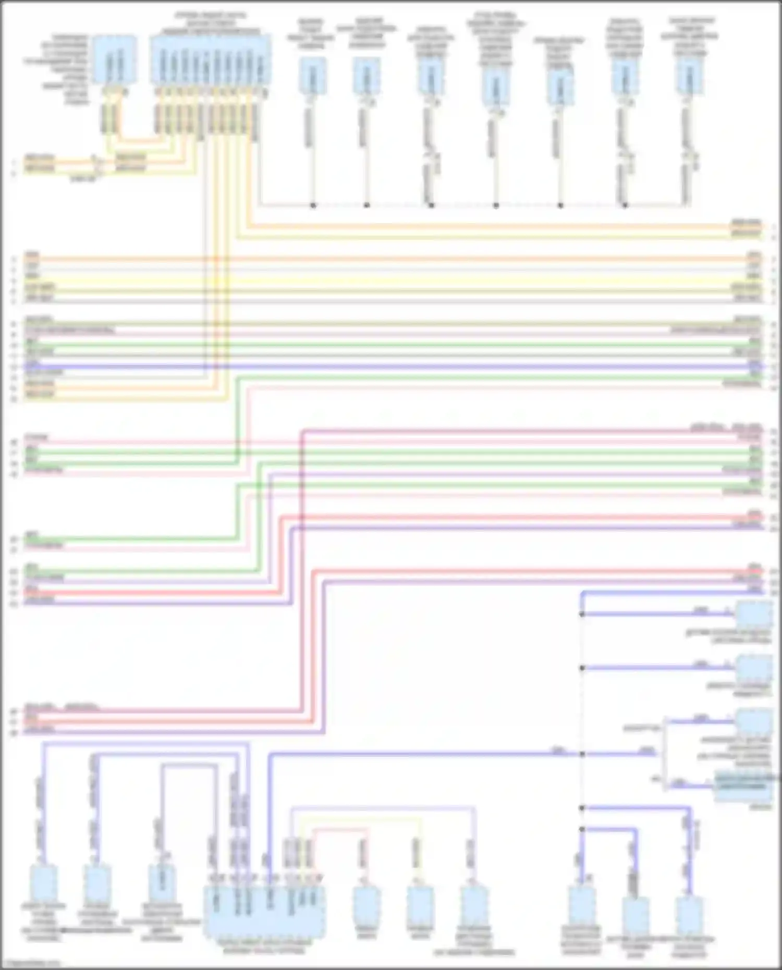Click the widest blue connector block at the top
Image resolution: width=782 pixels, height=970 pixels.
coord(211,58)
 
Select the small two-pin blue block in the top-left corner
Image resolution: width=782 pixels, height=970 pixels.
coord(115,59)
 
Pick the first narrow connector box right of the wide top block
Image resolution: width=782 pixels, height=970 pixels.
coord(313,76)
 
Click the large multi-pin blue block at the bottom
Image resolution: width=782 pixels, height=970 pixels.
coord(264,912)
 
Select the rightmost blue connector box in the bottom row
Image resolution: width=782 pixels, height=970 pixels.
coord(689,916)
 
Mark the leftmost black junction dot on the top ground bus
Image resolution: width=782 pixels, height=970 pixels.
coord(313,206)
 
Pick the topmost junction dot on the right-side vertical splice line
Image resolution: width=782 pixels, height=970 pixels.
coord(582,615)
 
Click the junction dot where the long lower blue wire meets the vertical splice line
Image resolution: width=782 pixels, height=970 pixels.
coord(582,754)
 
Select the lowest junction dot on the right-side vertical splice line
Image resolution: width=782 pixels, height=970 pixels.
coord(582,829)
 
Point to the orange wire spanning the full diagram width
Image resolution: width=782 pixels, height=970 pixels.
coord(391,259)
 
